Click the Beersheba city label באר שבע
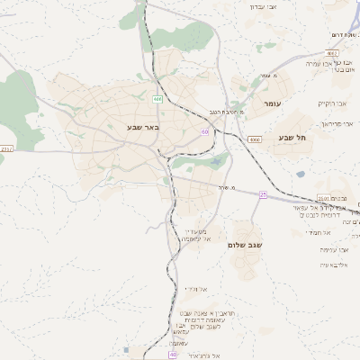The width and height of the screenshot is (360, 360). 143,128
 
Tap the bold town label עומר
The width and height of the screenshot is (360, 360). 273,105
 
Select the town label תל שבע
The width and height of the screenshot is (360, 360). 292,137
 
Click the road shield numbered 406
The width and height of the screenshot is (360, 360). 157,99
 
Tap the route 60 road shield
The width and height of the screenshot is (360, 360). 205,131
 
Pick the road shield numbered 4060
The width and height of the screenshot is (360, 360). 256,140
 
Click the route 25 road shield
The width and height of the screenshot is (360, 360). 262,193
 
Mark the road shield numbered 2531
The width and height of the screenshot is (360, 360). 324,199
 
